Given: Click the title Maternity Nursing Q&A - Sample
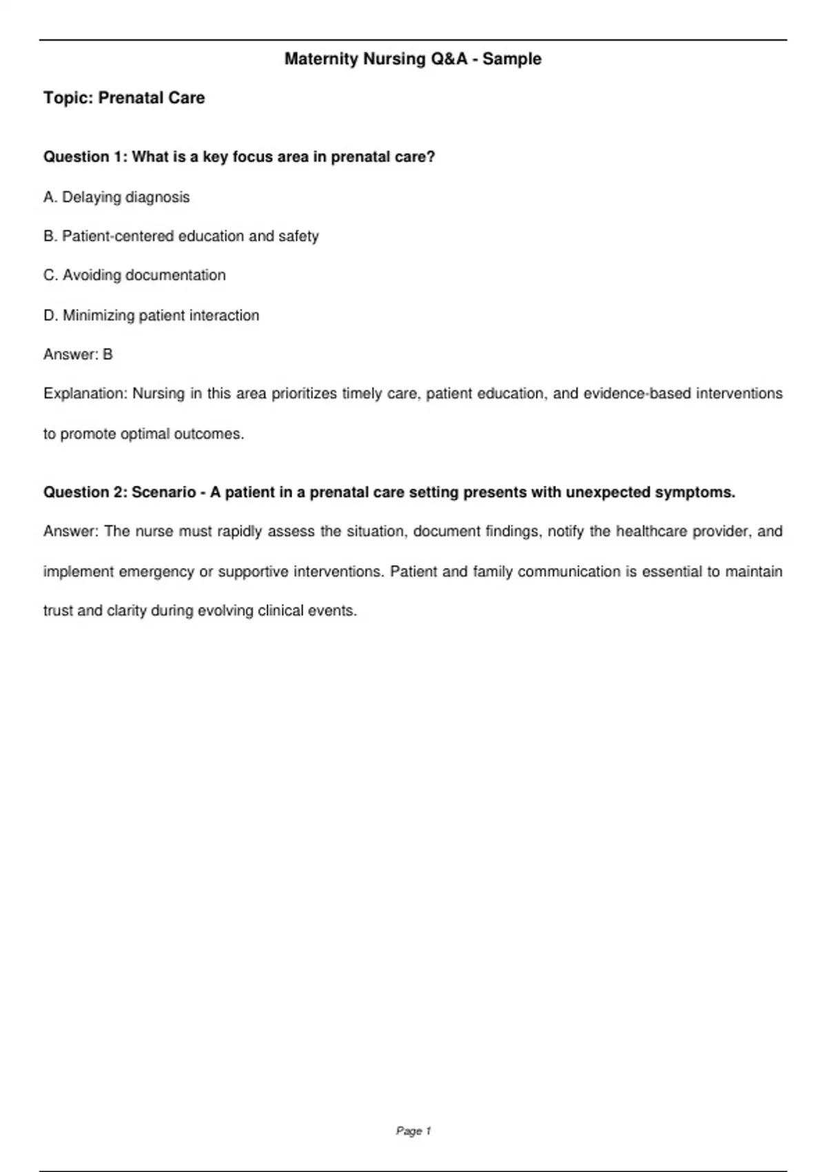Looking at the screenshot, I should click(x=413, y=59).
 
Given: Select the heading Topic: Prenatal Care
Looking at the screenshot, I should click(x=124, y=98).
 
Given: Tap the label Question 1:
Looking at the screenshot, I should click(x=85, y=157).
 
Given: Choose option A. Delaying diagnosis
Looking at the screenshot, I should click(x=116, y=197).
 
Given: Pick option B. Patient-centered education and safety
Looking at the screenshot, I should click(x=181, y=236).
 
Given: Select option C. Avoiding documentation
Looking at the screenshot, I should click(x=134, y=276).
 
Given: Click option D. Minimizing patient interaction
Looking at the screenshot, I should click(x=152, y=316).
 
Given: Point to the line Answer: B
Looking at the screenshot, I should click(x=78, y=354).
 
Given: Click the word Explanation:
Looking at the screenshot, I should click(x=85, y=394).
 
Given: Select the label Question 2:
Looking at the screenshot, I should click(x=85, y=492).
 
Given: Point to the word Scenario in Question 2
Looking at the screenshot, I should click(x=164, y=492).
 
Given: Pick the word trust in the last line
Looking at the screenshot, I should click(x=57, y=611).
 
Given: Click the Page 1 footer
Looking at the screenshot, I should click(x=413, y=1131).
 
